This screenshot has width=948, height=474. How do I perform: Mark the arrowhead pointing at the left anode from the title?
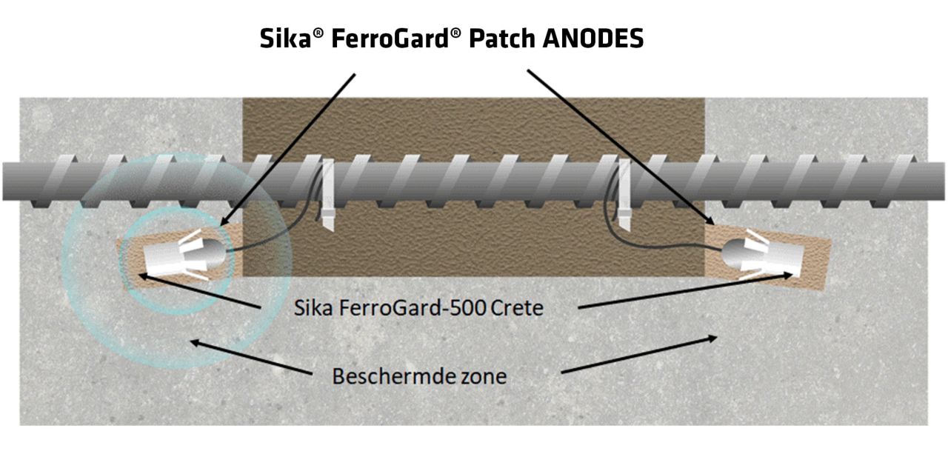pos(227,220)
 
